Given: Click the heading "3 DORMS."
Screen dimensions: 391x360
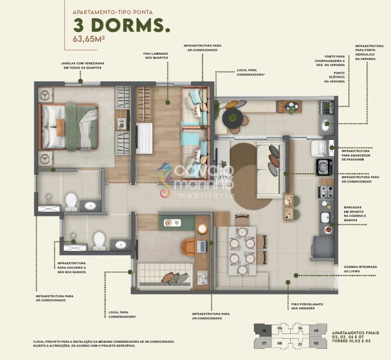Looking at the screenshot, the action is [x=121, y=25].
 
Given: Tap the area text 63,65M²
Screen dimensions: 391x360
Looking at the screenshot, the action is [x=89, y=39].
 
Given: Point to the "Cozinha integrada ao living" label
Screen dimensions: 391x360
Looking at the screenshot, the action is [x=360, y=269].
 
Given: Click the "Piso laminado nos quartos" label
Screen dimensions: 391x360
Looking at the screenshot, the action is [x=156, y=56].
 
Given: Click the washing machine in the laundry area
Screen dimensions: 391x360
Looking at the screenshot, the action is [x=324, y=167].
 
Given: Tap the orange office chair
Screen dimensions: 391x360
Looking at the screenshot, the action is [x=188, y=247].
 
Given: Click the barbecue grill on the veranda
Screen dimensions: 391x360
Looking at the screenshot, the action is [x=327, y=107].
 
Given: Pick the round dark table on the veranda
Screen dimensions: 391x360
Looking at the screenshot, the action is [x=233, y=118].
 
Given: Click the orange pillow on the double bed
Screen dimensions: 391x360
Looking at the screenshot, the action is [x=60, y=128].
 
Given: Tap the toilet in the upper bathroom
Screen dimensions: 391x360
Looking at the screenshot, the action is [x=71, y=201].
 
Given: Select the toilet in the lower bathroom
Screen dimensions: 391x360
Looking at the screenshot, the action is [x=99, y=241].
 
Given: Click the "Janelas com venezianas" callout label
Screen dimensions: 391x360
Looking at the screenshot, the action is [x=82, y=66].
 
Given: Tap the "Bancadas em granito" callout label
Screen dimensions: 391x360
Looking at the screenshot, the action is [x=355, y=214].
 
